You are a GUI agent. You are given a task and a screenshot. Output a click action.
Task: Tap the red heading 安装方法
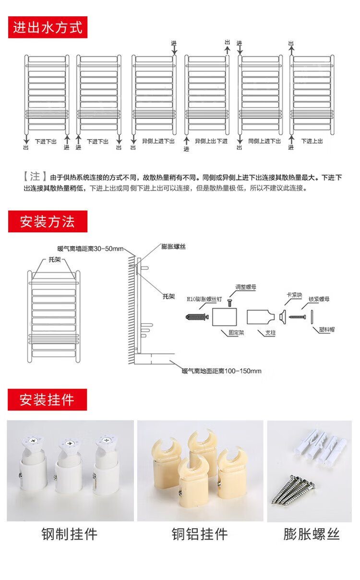pyautogui.click(x=47, y=222)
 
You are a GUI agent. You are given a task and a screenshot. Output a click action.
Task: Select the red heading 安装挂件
pyautogui.click(x=47, y=399)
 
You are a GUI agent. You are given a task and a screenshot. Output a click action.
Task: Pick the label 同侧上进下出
pyautogui.click(x=264, y=141)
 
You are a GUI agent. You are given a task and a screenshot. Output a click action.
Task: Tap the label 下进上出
pyautogui.click(x=312, y=141)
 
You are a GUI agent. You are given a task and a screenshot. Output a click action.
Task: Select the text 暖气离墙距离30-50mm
pyautogui.click(x=90, y=249)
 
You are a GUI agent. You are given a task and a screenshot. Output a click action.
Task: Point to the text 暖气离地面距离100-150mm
pyautogui.click(x=222, y=371)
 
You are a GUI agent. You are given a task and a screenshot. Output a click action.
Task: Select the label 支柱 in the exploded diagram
pyautogui.click(x=270, y=332)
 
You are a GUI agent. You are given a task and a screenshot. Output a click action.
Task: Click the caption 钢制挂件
pyautogui.click(x=70, y=533)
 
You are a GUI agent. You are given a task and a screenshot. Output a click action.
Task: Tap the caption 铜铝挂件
pyautogui.click(x=200, y=533)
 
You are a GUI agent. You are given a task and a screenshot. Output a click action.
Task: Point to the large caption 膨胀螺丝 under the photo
pyautogui.click(x=312, y=533)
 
